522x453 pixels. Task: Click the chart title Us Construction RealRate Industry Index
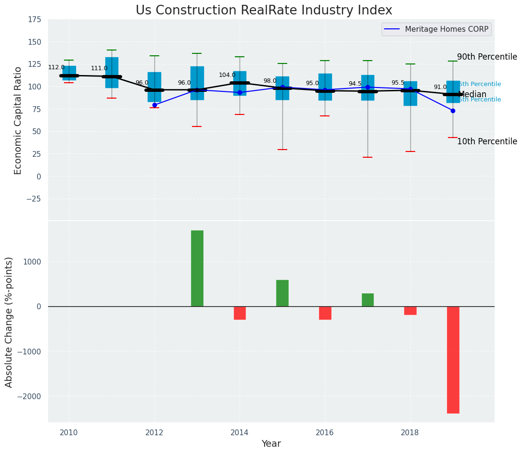pyautogui.click(x=264, y=11)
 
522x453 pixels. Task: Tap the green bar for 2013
pyautogui.click(x=197, y=268)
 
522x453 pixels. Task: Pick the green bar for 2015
pyautogui.click(x=282, y=293)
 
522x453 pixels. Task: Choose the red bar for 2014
pyautogui.click(x=240, y=313)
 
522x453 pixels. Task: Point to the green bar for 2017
pyautogui.click(x=368, y=300)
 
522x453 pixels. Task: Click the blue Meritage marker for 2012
pyautogui.click(x=154, y=105)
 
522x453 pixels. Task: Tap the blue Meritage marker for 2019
pyautogui.click(x=453, y=111)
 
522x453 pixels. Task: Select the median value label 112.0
pyautogui.click(x=56, y=68)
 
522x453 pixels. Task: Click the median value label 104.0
pyautogui.click(x=227, y=75)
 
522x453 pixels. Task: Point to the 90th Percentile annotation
pyautogui.click(x=487, y=57)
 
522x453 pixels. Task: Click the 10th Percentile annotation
pyautogui.click(x=487, y=142)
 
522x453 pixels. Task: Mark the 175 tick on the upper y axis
pyautogui.click(x=34, y=20)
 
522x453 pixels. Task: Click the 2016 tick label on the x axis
pyautogui.click(x=325, y=432)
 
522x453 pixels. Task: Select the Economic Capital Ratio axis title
pyautogui.click(x=18, y=120)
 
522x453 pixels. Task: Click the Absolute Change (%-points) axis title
pyautogui.click(x=9, y=322)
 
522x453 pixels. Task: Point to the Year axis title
pyautogui.click(x=271, y=444)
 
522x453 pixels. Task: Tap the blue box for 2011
pyautogui.click(x=112, y=72)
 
